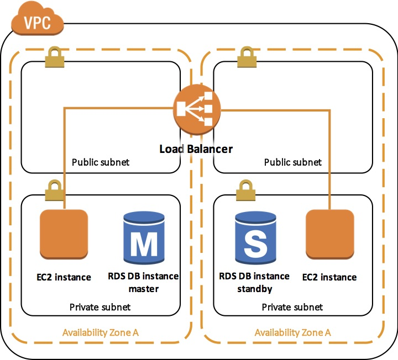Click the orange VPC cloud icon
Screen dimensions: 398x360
[38, 19]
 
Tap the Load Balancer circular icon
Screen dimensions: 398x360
[197, 109]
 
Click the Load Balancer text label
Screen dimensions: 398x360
[196, 149]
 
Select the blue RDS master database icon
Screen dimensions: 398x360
[144, 239]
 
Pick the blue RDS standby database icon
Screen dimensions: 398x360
[255, 239]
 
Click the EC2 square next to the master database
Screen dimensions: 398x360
[64, 235]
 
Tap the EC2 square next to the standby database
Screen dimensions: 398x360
[329, 235]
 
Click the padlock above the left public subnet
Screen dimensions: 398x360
[55, 57]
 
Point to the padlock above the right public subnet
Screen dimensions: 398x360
[247, 57]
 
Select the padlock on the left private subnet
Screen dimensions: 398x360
[54, 190]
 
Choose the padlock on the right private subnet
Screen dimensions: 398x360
[245, 190]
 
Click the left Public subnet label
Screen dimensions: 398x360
[101, 162]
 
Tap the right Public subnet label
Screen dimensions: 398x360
[292, 162]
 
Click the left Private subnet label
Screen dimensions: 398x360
[100, 307]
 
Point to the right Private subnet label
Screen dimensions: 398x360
[292, 307]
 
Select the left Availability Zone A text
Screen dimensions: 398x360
[101, 332]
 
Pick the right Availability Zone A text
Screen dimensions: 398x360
[292, 332]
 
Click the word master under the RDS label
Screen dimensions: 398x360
[144, 289]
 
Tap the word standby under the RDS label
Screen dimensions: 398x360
[255, 289]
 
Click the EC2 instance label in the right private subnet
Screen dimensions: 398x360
[329, 277]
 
